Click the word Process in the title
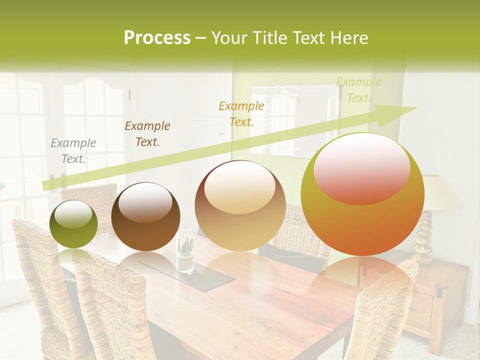[157, 37]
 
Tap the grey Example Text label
[73, 151]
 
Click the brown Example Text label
[147, 134]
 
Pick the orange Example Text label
[241, 113]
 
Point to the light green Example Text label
[358, 90]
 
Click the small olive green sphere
[73, 224]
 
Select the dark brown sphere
[145, 216]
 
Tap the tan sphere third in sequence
[240, 205]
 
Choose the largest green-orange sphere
[362, 194]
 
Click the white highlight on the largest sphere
[361, 167]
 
